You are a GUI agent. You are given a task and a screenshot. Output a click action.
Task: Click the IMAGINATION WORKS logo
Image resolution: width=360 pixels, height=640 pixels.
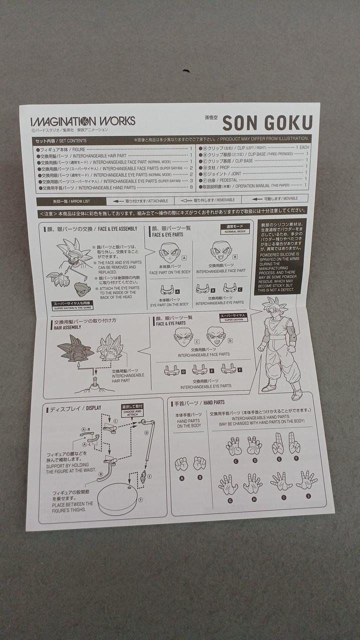pos(82,121)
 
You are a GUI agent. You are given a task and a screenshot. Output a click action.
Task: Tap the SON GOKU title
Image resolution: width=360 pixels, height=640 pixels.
pos(267,122)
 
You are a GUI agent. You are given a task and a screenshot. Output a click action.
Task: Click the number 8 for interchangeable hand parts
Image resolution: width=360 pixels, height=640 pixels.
pos(190,187)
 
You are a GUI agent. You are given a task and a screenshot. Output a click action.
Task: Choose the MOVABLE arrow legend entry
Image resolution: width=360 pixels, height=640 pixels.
pos(279,198)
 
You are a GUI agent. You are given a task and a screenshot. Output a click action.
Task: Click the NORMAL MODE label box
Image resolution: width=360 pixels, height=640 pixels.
pos(234,229)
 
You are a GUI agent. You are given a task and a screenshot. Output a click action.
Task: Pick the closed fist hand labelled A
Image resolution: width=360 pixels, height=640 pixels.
pos(181,464)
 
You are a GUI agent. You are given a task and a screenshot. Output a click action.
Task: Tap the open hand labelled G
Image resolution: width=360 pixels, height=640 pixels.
pos(228,484)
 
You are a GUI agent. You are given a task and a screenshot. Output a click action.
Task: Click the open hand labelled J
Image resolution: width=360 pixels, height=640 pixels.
pos(306,480)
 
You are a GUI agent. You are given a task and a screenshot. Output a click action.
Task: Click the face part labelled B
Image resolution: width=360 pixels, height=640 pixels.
pos(220,250)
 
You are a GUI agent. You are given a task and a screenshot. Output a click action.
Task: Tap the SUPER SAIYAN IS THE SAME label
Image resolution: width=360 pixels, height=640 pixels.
pos(73,305)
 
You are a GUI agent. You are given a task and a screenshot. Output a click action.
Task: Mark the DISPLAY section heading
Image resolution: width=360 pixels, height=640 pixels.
pos(75,408)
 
